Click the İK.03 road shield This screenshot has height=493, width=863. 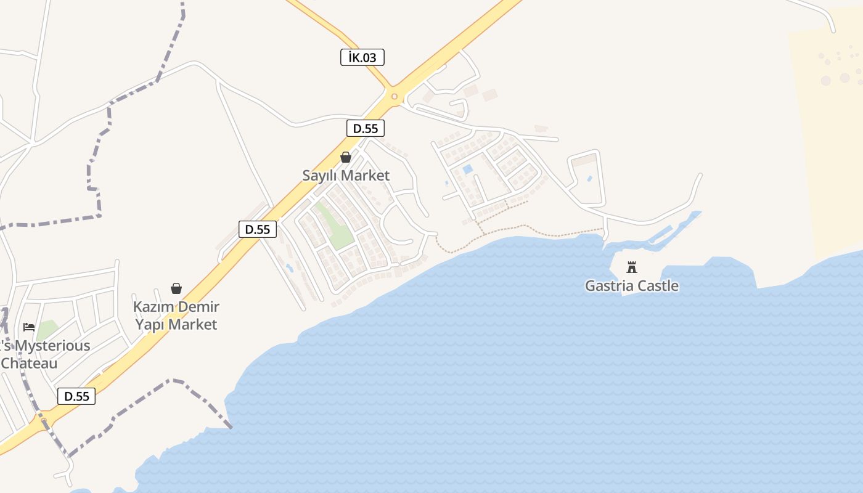[x=362, y=57]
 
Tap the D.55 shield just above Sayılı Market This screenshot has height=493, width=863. [x=366, y=128]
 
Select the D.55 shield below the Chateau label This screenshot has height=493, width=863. [x=77, y=396]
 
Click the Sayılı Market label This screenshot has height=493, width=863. [x=346, y=176]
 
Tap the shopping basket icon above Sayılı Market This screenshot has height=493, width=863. [x=346, y=157]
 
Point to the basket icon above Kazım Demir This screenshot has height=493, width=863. [x=176, y=288]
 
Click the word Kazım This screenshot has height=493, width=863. [x=152, y=307]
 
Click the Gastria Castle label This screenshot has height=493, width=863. [x=631, y=286]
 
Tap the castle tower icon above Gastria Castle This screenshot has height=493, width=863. [x=631, y=267]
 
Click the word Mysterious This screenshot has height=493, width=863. [x=52, y=346]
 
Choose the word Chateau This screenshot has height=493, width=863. [x=29, y=363]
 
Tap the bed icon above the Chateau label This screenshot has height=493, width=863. [x=29, y=327]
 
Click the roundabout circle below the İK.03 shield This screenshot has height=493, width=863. [x=394, y=96]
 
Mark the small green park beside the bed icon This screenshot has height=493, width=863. [x=47, y=330]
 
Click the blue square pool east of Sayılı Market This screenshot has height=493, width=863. [x=467, y=169]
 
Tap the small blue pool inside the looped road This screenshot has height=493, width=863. [x=589, y=179]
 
